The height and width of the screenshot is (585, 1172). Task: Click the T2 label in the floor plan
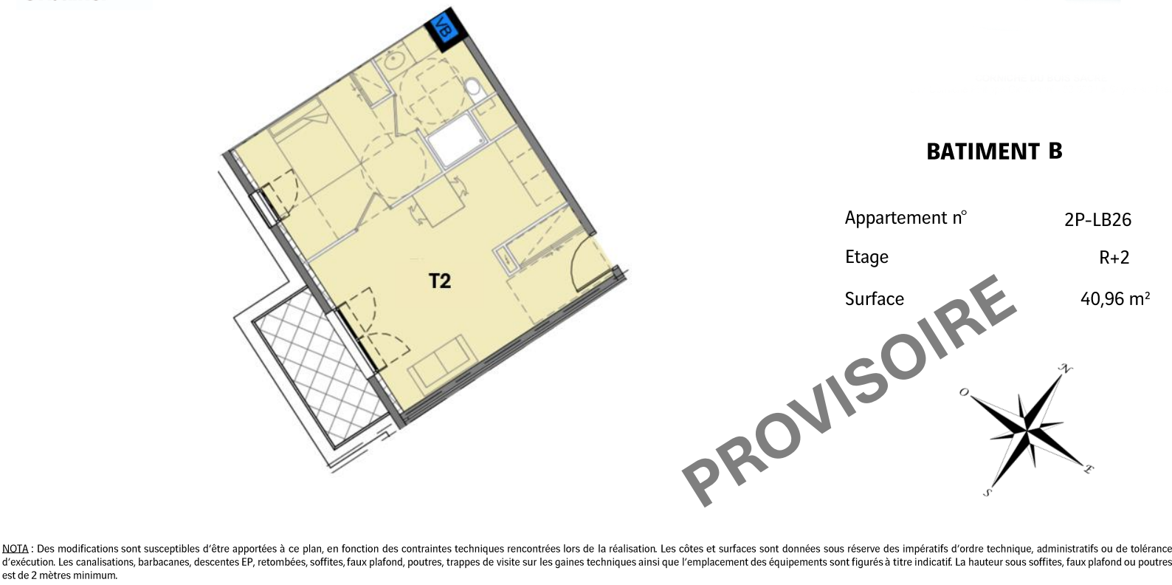(440, 281)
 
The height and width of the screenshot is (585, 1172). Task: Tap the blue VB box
(443, 28)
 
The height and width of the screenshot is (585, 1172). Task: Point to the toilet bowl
(474, 89)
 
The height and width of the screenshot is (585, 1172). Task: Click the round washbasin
(393, 61)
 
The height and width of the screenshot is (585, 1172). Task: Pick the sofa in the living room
(442, 363)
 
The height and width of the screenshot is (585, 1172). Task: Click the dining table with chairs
(438, 202)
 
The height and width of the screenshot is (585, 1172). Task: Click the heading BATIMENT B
(994, 151)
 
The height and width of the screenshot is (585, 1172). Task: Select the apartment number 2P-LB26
(1097, 219)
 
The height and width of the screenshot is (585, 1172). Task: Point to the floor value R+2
(1114, 257)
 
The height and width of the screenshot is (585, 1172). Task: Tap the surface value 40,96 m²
(1115, 298)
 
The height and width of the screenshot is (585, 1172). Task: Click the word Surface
(875, 298)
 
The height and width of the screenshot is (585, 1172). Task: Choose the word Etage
(866, 257)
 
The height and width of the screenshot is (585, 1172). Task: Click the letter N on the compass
(1065, 369)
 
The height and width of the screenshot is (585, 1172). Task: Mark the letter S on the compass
(987, 492)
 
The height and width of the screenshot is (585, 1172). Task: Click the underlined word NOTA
(15, 549)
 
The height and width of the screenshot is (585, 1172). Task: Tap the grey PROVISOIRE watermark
(849, 390)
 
